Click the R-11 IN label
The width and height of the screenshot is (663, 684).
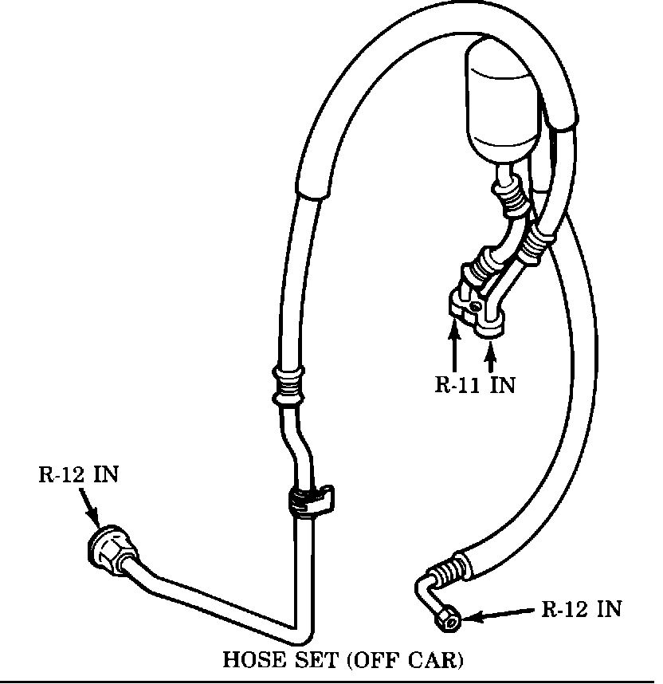pos(475,385)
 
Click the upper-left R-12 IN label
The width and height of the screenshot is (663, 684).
pos(79,474)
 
